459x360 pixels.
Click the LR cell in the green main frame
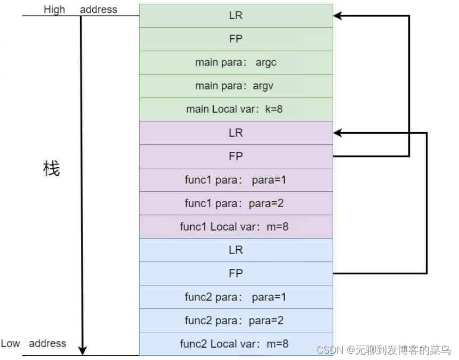click(x=236, y=15)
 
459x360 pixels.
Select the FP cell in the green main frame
click(x=236, y=39)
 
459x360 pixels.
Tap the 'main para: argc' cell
click(x=236, y=62)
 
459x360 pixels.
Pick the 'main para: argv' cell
click(x=236, y=86)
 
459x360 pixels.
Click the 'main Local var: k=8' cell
click(x=236, y=109)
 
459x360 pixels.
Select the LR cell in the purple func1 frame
click(x=236, y=133)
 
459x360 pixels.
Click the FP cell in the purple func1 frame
click(x=236, y=156)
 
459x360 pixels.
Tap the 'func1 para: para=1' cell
click(x=236, y=179)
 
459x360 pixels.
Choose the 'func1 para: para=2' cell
click(x=236, y=203)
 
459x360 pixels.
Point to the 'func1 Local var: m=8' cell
click(x=236, y=226)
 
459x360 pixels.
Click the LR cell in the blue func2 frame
click(x=236, y=250)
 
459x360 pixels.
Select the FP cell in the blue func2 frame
click(x=236, y=273)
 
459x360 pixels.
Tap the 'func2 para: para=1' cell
click(x=236, y=297)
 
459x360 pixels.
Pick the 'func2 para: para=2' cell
click(x=236, y=320)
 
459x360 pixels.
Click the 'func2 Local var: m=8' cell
click(x=236, y=343)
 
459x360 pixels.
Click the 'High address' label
click(x=80, y=10)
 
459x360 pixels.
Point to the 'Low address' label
click(x=34, y=343)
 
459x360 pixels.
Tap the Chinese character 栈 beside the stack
click(x=51, y=169)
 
